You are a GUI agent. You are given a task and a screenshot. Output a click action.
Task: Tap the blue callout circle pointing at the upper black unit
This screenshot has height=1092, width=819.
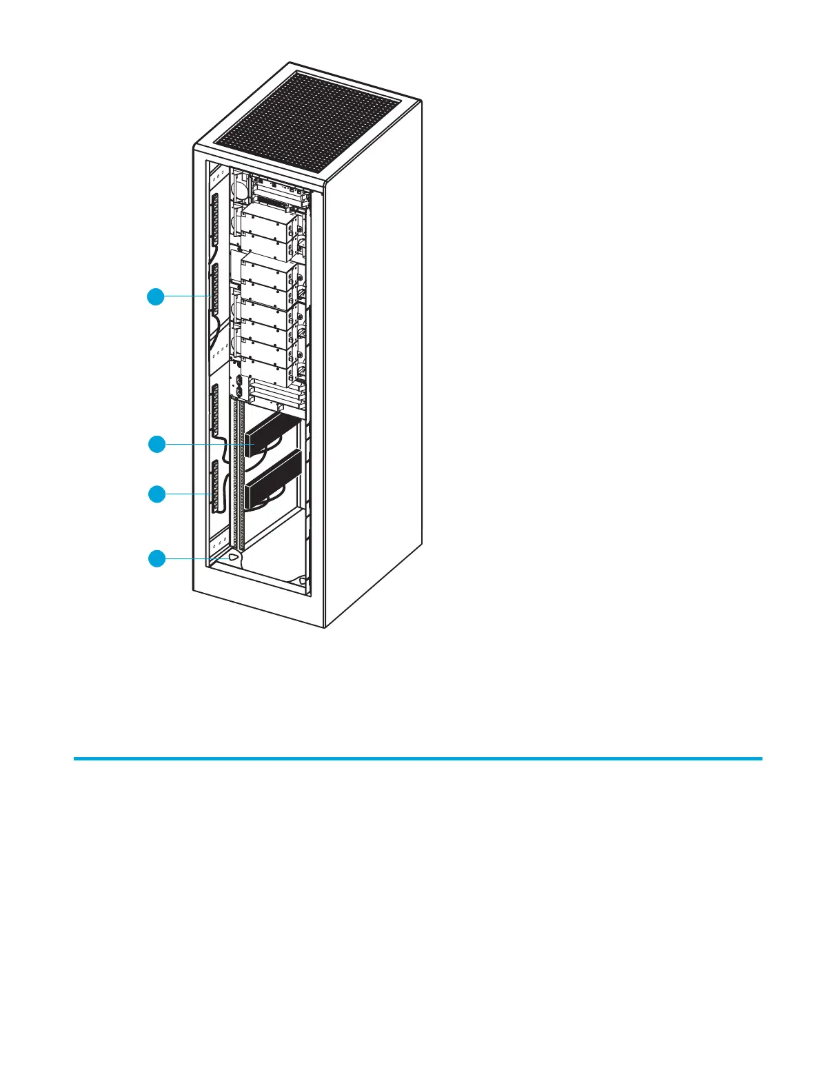coord(157,445)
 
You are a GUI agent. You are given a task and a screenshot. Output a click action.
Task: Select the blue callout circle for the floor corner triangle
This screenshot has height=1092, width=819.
coord(157,558)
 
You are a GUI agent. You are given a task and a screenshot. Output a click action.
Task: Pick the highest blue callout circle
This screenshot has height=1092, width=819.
coord(156,297)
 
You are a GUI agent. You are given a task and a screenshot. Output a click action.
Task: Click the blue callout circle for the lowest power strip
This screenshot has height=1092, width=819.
coord(157,494)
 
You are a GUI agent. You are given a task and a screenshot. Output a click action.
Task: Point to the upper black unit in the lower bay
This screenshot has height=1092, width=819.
coord(274,431)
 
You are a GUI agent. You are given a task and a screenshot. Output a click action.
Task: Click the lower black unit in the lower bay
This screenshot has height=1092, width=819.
coord(274,477)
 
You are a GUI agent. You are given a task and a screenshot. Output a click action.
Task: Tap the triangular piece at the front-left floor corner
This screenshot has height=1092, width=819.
coord(233,556)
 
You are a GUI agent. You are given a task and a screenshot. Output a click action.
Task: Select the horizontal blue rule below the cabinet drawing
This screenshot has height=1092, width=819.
coord(418,758)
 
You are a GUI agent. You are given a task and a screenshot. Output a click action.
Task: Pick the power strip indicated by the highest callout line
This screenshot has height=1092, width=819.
coord(214,290)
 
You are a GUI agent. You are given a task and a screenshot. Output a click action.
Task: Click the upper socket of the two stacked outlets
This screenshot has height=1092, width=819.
coord(239,381)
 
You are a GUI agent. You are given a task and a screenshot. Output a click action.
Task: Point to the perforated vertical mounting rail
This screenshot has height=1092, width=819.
coord(239,483)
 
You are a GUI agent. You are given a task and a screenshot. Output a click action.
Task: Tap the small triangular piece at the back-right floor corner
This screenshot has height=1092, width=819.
coord(301,580)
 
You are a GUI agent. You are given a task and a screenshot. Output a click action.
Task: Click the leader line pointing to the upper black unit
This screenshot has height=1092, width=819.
coord(207,445)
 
